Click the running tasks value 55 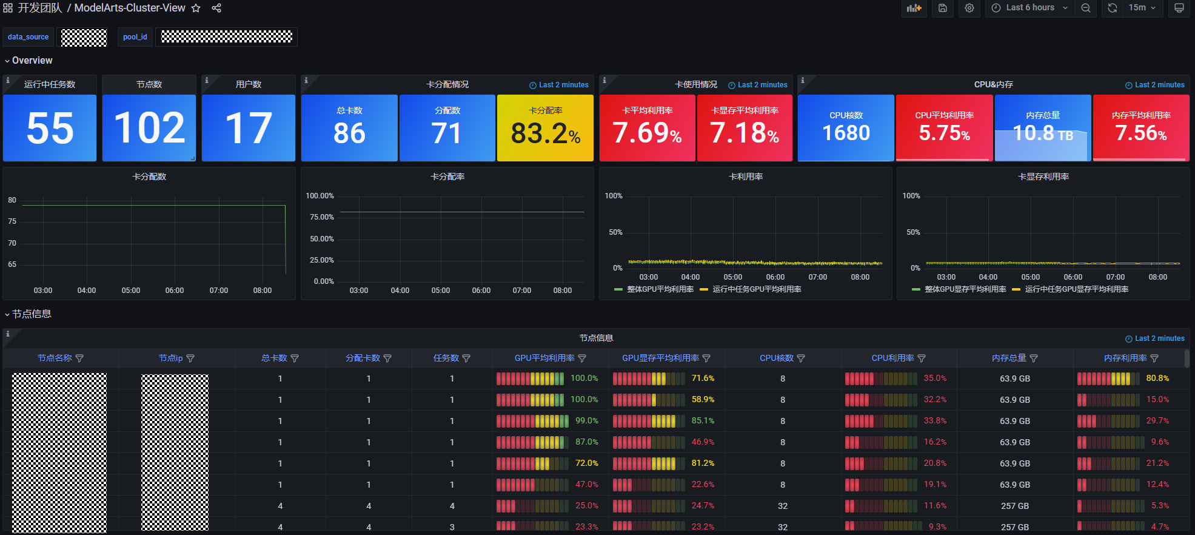coord(50,129)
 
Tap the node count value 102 coord(149,129)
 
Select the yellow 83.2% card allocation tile coord(545,133)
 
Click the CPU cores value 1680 coord(846,133)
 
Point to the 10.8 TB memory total coord(1043,133)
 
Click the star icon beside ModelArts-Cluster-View coord(196,8)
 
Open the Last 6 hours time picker coord(1029,8)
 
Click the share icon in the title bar coord(216,8)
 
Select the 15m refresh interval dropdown coord(1142,8)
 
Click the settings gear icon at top coord(969,8)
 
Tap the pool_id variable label coord(135,37)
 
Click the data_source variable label coord(28,37)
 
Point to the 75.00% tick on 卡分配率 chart coord(322,217)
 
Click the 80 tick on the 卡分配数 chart coord(12,200)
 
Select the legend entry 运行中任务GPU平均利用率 coord(757,289)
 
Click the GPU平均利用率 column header coord(544,358)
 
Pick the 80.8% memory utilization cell coord(1157,379)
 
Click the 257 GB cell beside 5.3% coord(1015,506)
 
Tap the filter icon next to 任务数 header coord(466,358)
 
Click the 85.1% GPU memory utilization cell coord(703,421)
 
